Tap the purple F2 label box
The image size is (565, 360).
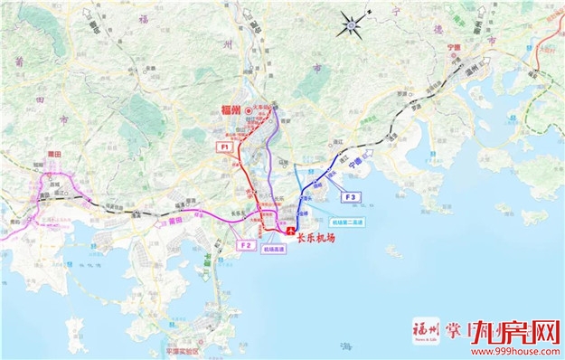coord(245,244)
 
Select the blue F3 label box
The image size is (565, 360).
coord(351,196)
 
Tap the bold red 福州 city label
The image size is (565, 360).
coord(233,109)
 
